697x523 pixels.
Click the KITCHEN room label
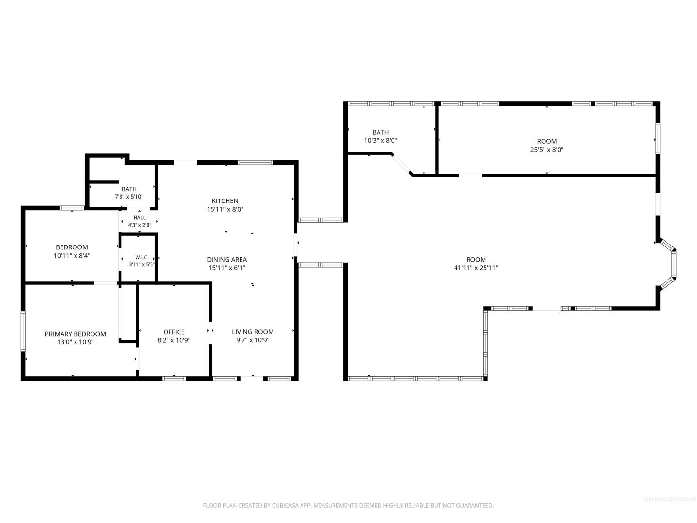[225, 200]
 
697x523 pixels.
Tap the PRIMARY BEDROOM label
[75, 334]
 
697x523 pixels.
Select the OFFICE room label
[174, 332]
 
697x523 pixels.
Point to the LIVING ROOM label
[253, 332]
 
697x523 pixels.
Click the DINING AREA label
[227, 260]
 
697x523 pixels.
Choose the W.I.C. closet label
[142, 257]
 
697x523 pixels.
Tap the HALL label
[140, 217]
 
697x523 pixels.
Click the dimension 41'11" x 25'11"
[476, 268]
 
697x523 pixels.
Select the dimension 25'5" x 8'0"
[546, 150]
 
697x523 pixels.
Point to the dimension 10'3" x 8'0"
[380, 140]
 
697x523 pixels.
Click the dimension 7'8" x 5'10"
[129, 197]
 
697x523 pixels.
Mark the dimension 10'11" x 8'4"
[72, 256]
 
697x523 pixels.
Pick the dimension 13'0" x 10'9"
[75, 342]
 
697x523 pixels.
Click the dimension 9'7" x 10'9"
[253, 340]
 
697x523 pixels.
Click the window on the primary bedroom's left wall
[23, 331]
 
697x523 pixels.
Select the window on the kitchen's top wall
[255, 163]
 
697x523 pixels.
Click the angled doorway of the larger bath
[402, 164]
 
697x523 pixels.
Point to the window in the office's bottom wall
[174, 378]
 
